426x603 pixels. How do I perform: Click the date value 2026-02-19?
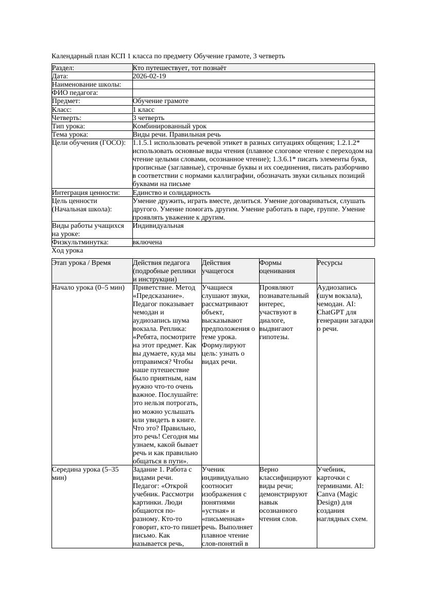click(149, 76)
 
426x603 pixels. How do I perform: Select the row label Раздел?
click(63, 68)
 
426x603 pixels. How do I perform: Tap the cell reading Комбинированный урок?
click(169, 126)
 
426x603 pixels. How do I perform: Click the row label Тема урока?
click(70, 135)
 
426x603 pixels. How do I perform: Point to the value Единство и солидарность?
click(172, 193)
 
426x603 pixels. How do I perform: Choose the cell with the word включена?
click(147, 242)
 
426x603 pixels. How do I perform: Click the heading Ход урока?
click(67, 250)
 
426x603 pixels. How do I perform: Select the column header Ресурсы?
click(330, 263)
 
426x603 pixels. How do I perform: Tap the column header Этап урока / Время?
click(81, 263)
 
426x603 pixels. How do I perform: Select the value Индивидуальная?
click(158, 226)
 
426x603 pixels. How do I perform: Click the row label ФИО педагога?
click(75, 93)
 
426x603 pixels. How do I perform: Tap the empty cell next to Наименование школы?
click(252, 85)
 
